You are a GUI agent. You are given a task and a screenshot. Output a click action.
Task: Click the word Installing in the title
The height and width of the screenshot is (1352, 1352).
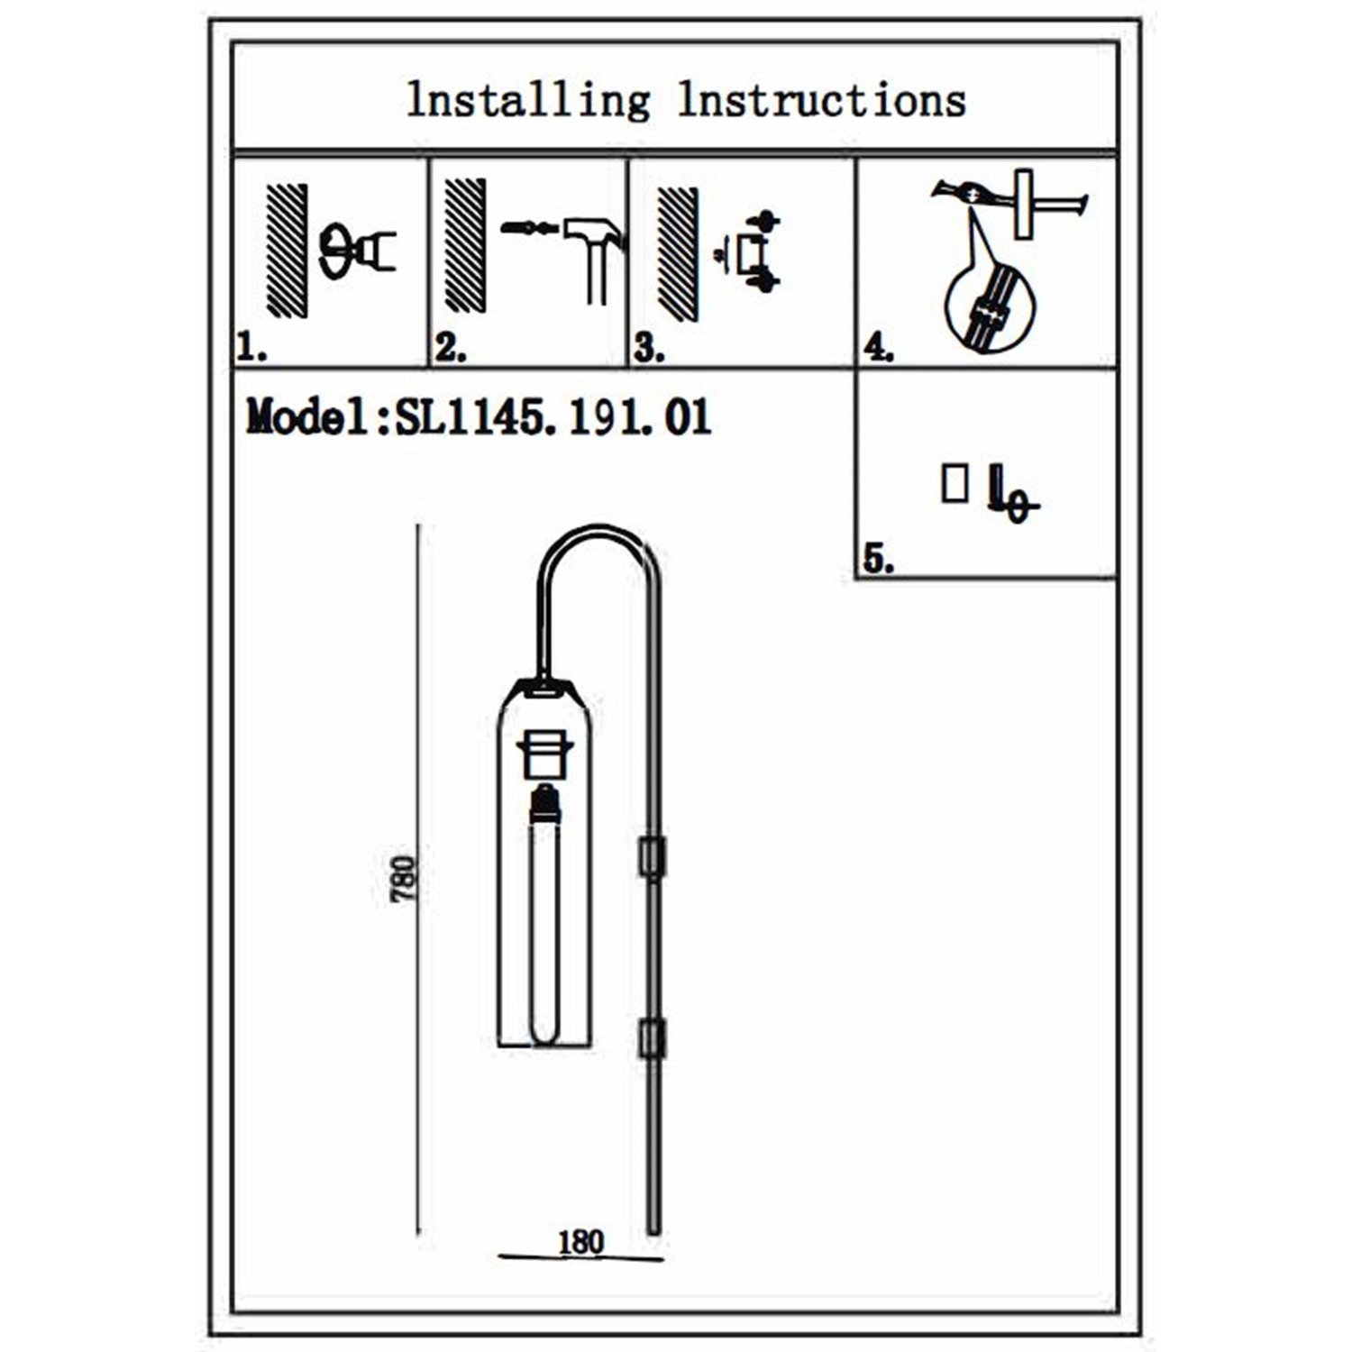528,101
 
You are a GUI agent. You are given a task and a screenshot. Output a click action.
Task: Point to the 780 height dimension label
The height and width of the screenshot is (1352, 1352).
406,879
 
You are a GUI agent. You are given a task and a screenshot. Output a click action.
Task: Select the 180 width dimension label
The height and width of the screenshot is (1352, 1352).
581,1242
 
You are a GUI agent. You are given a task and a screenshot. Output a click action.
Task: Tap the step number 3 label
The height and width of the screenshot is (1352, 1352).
648,349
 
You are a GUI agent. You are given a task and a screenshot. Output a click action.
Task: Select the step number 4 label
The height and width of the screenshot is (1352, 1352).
878,348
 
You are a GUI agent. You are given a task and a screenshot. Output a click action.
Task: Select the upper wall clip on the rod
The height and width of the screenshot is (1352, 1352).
652,856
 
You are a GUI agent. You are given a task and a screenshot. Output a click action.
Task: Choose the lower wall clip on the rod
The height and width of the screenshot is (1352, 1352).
652,1038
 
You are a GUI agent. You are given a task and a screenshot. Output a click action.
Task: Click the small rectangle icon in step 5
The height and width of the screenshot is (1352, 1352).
955,483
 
